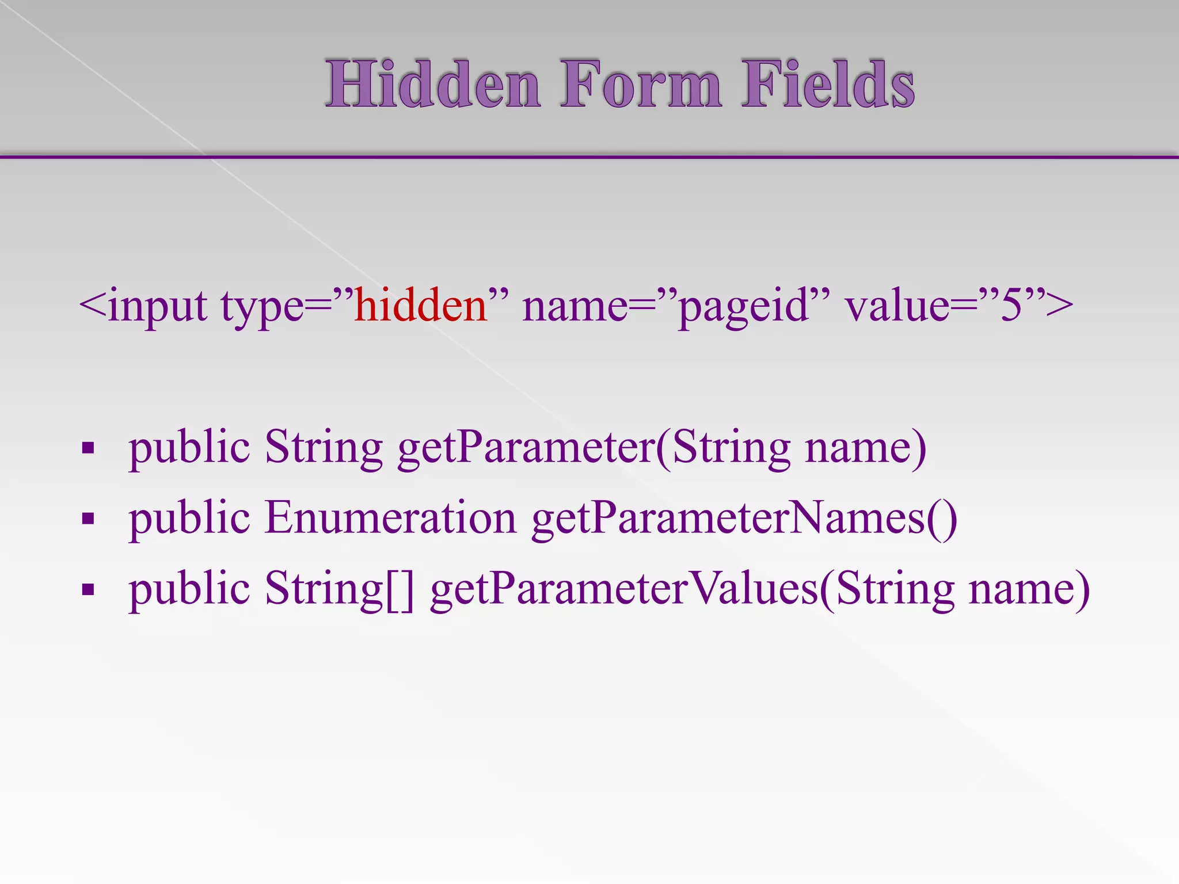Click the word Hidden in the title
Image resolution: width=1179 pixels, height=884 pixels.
433,85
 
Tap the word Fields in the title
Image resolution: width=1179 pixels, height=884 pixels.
828,85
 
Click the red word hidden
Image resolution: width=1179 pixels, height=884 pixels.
421,305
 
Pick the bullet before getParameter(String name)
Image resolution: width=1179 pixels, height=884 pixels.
88,448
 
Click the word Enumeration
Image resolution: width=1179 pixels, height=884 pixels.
390,517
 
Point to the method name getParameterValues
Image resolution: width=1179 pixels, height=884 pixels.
624,589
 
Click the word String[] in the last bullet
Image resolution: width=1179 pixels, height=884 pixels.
340,589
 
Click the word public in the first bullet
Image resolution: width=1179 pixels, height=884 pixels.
189,448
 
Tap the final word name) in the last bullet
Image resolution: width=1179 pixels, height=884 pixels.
1029,589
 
